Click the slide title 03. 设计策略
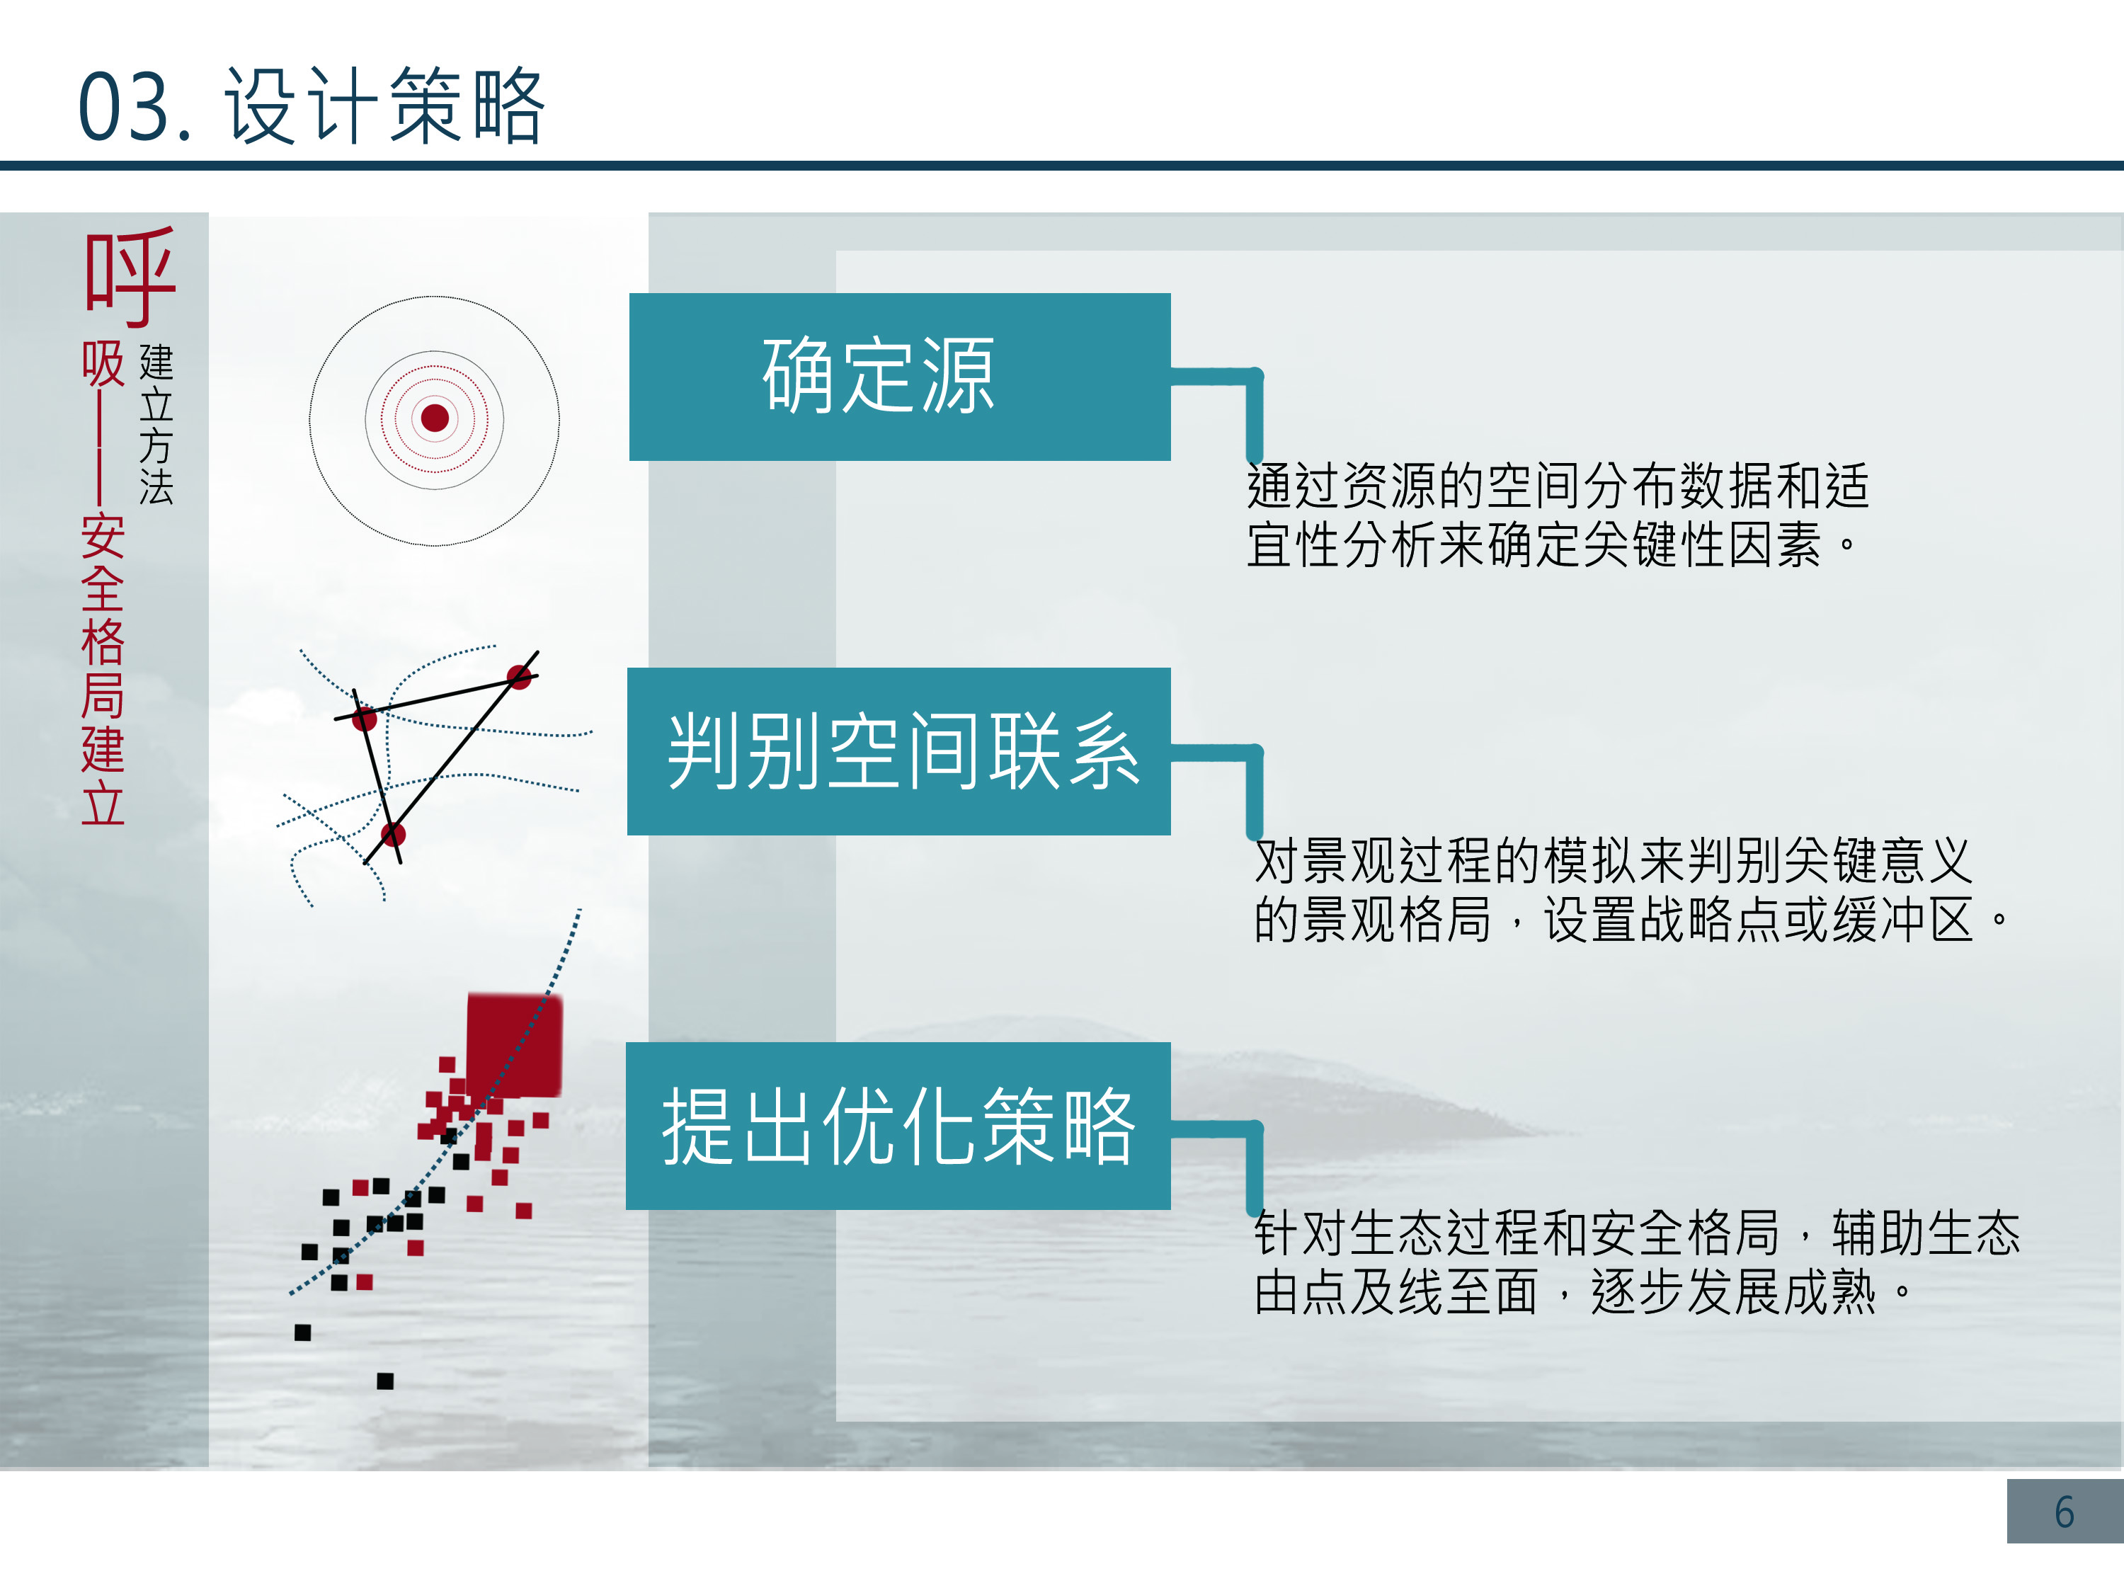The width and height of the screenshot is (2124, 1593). [x=311, y=105]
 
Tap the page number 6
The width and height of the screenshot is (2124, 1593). [x=2064, y=1512]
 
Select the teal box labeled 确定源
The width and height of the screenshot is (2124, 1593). [x=900, y=377]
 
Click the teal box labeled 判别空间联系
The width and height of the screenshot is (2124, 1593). [x=898, y=751]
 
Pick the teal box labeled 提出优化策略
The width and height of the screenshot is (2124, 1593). [x=898, y=1126]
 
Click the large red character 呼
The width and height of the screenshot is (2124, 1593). [x=130, y=278]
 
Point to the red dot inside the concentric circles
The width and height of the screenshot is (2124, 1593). [x=435, y=418]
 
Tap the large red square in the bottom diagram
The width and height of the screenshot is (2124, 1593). [x=514, y=1046]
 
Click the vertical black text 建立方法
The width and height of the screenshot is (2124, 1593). [x=156, y=424]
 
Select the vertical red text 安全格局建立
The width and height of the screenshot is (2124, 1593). [x=103, y=669]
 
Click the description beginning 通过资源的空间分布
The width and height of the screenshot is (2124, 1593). [x=1558, y=515]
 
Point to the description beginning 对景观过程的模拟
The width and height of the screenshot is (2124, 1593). [x=1631, y=889]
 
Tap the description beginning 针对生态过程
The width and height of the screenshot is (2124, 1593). [x=1637, y=1262]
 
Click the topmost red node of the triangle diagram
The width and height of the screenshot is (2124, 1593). [x=520, y=677]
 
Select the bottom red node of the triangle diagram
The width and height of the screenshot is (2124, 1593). [x=393, y=833]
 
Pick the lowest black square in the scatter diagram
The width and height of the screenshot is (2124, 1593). [x=385, y=1381]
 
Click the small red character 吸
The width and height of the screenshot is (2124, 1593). [x=103, y=363]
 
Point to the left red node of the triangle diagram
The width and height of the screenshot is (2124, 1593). [x=364, y=718]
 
